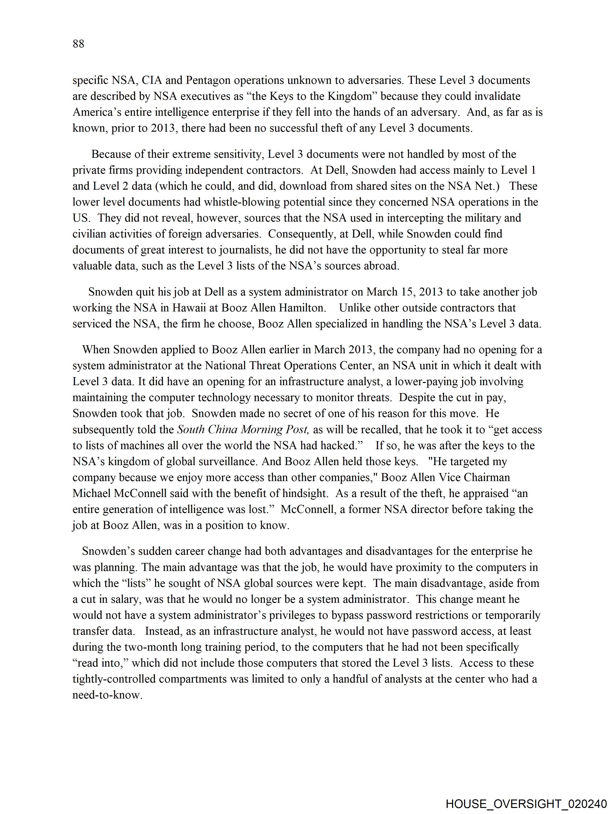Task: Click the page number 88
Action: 78,44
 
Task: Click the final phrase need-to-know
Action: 107,695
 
